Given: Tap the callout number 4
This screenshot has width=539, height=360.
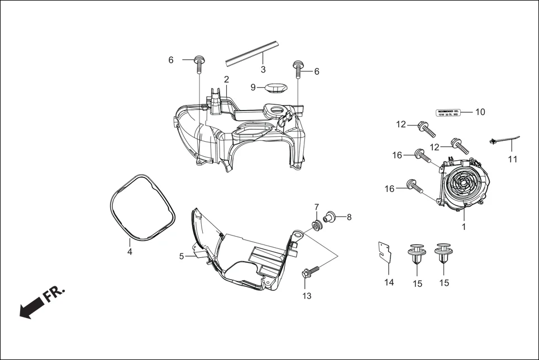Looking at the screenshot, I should (130, 252).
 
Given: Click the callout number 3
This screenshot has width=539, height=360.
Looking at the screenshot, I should (263, 69).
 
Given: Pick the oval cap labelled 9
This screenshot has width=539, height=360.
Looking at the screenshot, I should (275, 87).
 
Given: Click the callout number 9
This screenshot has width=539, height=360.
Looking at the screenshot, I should (253, 88).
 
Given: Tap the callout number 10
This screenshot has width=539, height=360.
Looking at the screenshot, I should (480, 112).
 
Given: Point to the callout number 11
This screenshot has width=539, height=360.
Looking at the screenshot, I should (513, 159).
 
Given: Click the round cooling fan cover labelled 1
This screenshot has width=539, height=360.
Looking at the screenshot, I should (463, 184).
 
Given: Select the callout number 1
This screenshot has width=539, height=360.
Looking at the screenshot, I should (462, 227).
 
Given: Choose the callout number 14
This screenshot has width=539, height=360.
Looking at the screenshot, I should (389, 282).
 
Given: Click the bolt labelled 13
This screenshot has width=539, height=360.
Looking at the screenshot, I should (311, 272).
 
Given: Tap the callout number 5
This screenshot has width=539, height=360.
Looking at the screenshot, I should (182, 256).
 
